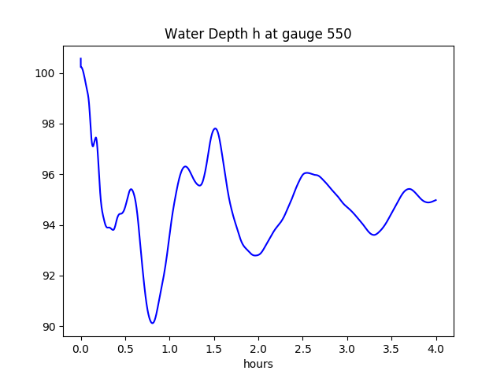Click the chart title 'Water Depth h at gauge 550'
258,34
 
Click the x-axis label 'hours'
258,365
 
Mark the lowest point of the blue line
153,323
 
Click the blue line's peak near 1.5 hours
215,128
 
